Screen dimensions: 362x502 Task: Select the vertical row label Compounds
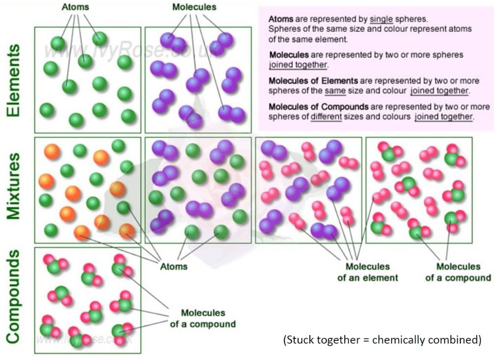[14, 296]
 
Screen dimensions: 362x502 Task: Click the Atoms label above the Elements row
[75, 7]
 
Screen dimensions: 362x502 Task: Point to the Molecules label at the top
[194, 7]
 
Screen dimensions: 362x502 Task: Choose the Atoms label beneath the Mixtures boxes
[174, 266]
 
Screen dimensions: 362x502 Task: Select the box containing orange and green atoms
[88, 190]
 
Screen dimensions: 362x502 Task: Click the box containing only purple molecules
[198, 79]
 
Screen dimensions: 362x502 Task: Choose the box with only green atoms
[88, 79]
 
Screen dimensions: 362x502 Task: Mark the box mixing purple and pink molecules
[308, 190]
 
